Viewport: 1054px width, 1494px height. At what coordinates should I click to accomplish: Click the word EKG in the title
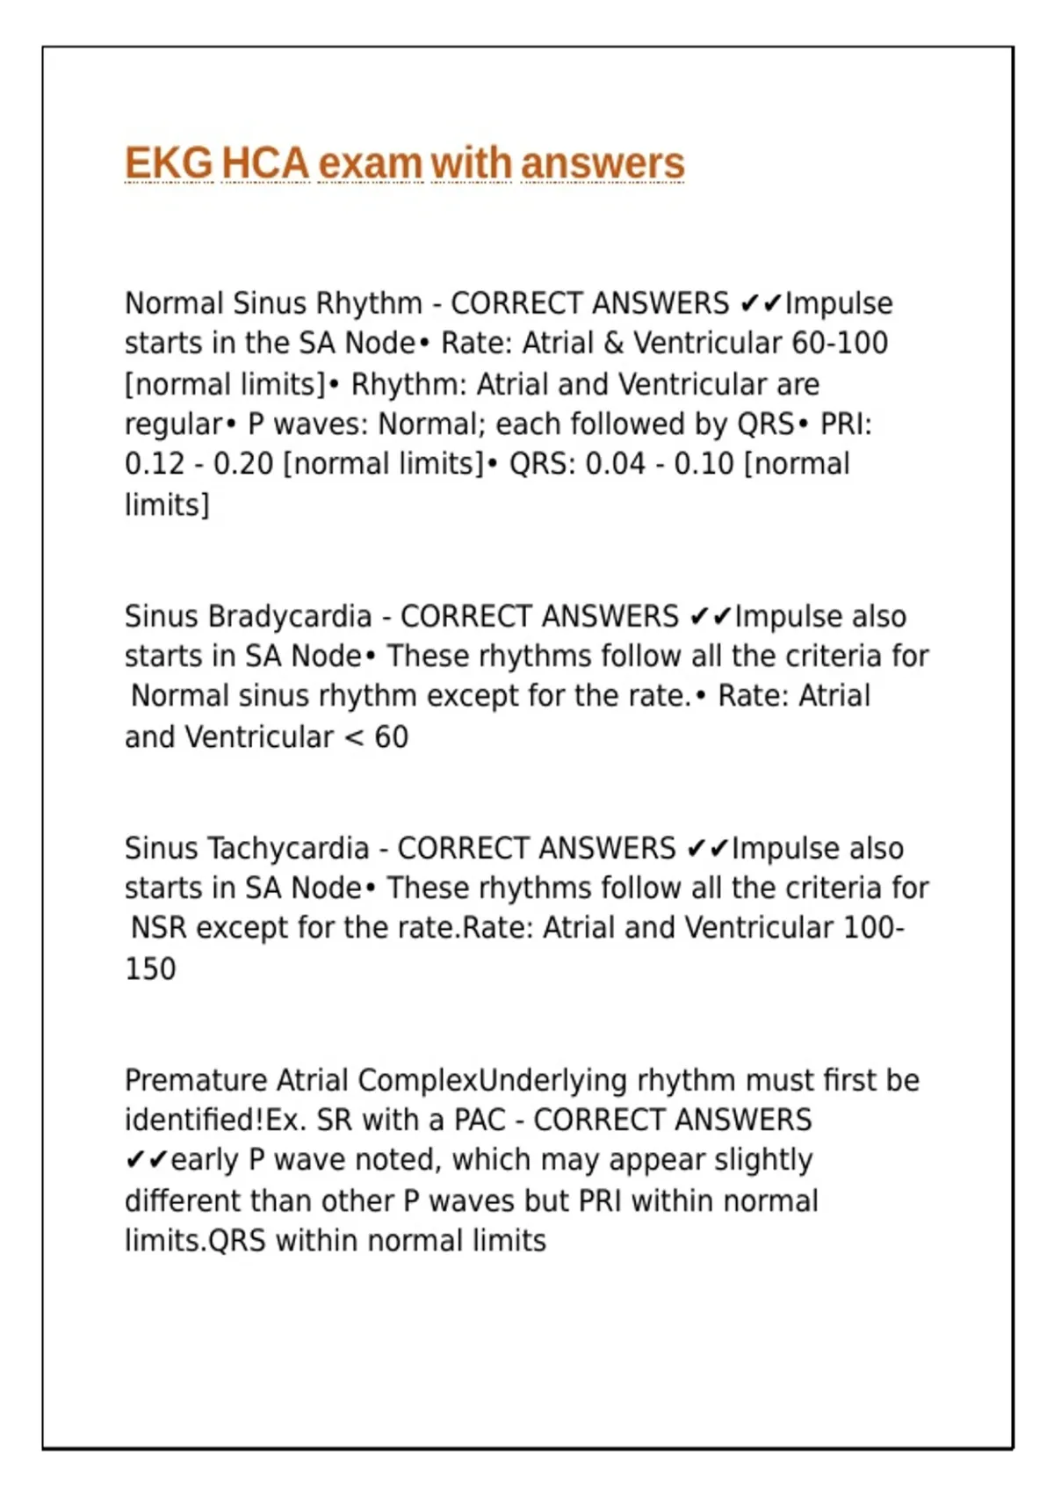click(x=169, y=163)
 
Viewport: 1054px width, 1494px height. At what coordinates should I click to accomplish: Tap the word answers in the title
click(x=602, y=163)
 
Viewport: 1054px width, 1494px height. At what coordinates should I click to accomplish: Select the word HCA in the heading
click(x=265, y=163)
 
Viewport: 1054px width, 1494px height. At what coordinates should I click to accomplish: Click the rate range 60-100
click(x=840, y=343)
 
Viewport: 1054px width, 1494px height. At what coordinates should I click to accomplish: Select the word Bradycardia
click(x=290, y=617)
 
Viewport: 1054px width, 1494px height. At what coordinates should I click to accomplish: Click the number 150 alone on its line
click(x=150, y=968)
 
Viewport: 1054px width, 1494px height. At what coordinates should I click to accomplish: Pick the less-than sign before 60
click(x=354, y=737)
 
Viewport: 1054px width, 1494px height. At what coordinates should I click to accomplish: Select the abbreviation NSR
click(x=159, y=928)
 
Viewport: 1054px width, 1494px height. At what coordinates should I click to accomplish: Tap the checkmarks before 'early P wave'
click(x=146, y=1160)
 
